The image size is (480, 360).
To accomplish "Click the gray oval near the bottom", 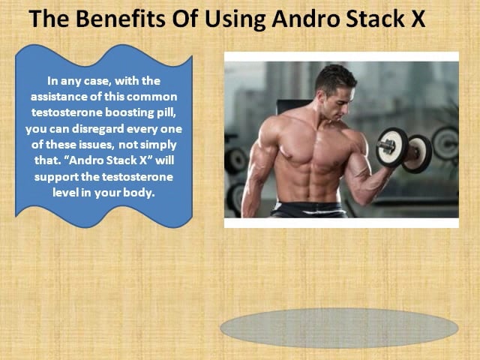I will coord(339,328).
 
